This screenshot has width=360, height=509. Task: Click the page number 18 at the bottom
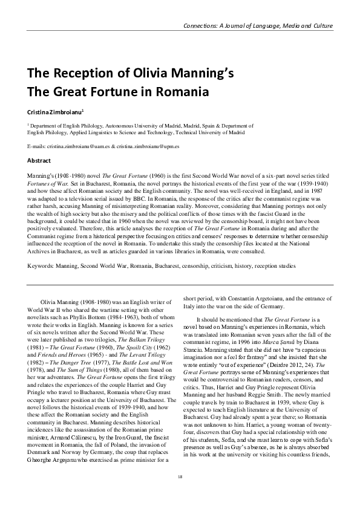coord(180,494)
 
